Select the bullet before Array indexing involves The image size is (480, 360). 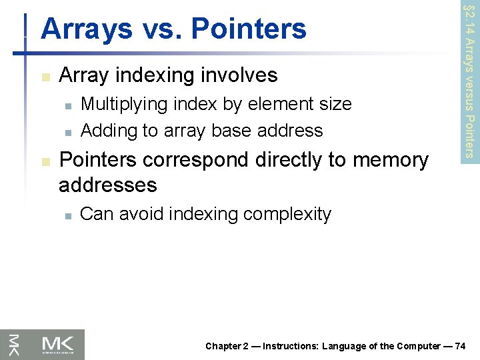(x=45, y=77)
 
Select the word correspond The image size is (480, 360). (x=195, y=161)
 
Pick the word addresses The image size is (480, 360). (x=108, y=185)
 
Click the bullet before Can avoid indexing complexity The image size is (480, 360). (x=67, y=215)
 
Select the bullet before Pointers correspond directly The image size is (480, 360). (x=45, y=162)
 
